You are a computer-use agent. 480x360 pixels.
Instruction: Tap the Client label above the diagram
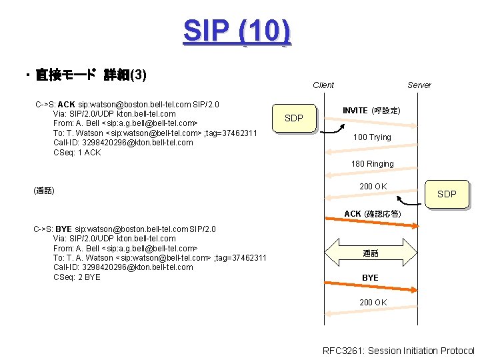323,85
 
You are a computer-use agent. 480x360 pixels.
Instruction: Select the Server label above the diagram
419,85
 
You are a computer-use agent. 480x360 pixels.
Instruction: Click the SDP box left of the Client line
293,119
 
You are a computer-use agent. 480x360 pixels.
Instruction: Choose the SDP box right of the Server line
446,194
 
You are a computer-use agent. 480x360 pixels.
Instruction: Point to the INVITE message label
371,110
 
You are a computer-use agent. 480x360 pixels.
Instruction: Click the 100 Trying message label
372,137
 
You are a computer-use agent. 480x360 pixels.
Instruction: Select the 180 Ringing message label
372,164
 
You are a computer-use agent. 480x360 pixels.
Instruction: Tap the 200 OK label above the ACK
373,187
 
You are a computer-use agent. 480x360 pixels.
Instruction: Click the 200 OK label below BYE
373,303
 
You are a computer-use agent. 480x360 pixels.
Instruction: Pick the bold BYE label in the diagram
370,278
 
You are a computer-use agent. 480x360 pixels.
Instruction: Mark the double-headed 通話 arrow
371,253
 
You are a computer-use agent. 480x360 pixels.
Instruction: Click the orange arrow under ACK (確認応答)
371,226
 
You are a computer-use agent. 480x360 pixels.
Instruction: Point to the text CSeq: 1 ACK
77,153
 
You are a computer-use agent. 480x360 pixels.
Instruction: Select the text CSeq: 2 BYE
77,277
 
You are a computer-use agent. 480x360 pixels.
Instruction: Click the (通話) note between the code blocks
43,191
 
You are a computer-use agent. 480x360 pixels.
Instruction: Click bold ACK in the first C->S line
67,105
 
